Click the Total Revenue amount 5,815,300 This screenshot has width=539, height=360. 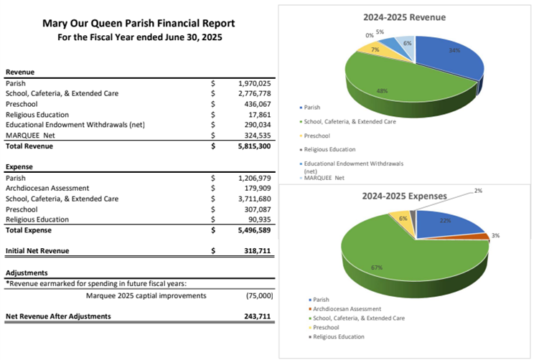coord(254,146)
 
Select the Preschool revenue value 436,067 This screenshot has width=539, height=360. coord(256,104)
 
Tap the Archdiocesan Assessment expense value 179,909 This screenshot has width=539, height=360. coord(256,188)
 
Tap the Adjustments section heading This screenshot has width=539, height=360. coord(27,273)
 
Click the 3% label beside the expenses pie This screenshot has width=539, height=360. coord(495,235)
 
